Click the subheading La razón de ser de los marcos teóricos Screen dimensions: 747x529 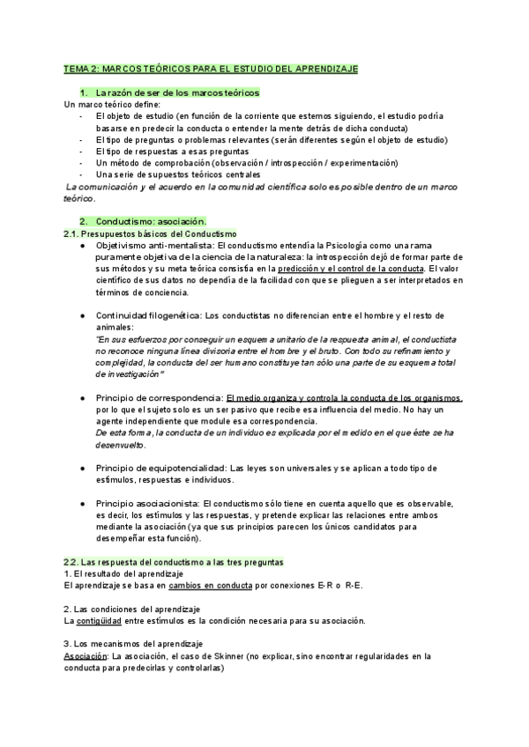tap(177, 92)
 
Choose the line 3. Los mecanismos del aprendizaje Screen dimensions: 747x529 tap(134, 644)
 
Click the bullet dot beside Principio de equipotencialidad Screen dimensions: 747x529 tap(82, 468)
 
